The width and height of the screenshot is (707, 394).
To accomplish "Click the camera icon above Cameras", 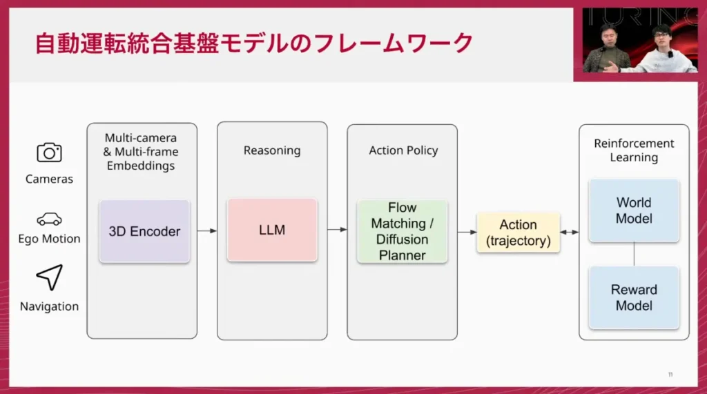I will pyautogui.click(x=49, y=152).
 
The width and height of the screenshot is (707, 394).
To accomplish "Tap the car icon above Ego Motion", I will pyautogui.click(x=49, y=219).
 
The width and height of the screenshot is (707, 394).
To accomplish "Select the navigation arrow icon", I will pyautogui.click(x=49, y=277).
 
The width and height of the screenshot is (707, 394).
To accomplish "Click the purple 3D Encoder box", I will pyautogui.click(x=144, y=231).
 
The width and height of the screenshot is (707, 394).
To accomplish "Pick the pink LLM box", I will pyautogui.click(x=272, y=230).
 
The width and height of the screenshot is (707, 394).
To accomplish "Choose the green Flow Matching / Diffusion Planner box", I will pyautogui.click(x=402, y=231).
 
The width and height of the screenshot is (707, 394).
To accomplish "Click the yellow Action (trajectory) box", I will pyautogui.click(x=518, y=233).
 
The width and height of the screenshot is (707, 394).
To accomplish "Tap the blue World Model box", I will pyautogui.click(x=634, y=210).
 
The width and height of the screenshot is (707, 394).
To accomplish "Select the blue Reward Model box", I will pyautogui.click(x=634, y=297).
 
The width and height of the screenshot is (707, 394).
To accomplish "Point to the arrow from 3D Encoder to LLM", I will pyautogui.click(x=207, y=230).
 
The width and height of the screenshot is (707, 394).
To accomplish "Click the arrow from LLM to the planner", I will pyautogui.click(x=337, y=230).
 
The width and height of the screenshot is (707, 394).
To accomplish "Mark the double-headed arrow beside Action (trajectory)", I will pyautogui.click(x=570, y=233).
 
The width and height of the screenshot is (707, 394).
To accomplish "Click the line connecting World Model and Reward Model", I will pyautogui.click(x=634, y=254).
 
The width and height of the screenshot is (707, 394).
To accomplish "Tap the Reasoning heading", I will pyautogui.click(x=272, y=150).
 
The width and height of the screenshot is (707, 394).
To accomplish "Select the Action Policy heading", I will pyautogui.click(x=403, y=150).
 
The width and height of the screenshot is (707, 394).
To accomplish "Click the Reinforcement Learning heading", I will pyautogui.click(x=634, y=150).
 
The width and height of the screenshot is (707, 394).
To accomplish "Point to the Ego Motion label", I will pyautogui.click(x=49, y=239).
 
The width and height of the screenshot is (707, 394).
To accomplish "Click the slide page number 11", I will pyautogui.click(x=670, y=375).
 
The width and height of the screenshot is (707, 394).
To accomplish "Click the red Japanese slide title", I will pyautogui.click(x=254, y=43).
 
